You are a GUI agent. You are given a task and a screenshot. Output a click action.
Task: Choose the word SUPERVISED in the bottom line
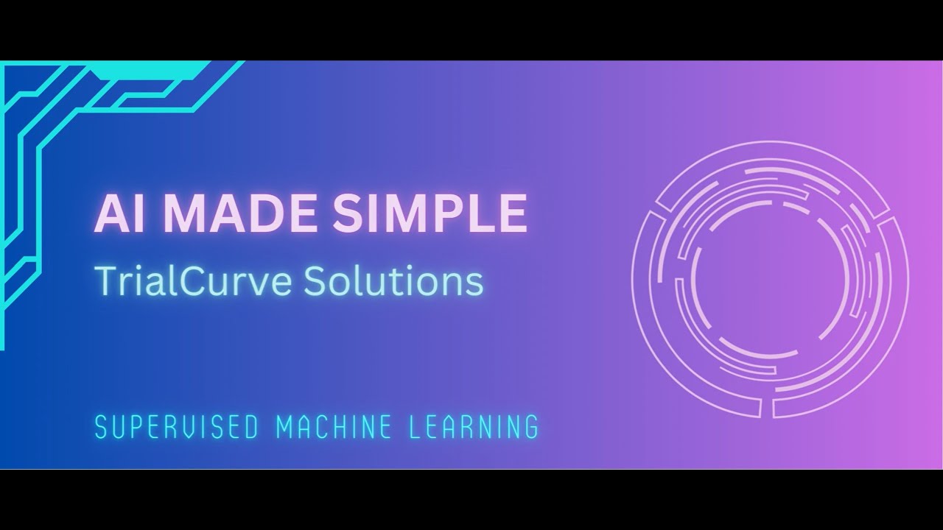(x=175, y=427)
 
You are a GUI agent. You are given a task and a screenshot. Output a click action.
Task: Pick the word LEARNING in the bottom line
(x=480, y=427)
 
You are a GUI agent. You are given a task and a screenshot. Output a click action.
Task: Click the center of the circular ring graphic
(x=770, y=279)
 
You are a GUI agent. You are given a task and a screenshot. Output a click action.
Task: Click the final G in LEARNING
(x=531, y=427)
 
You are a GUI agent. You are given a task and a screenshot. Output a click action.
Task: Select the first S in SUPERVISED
(x=102, y=427)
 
